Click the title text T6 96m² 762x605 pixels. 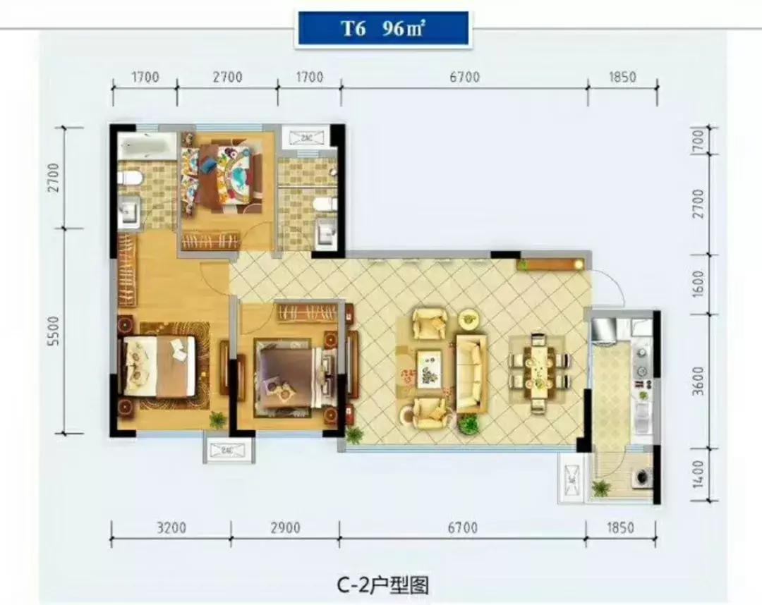click(382, 30)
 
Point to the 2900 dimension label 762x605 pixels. click(284, 527)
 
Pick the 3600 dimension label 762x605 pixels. click(698, 381)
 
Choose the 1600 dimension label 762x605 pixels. click(698, 284)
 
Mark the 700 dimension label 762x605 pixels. click(698, 143)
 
